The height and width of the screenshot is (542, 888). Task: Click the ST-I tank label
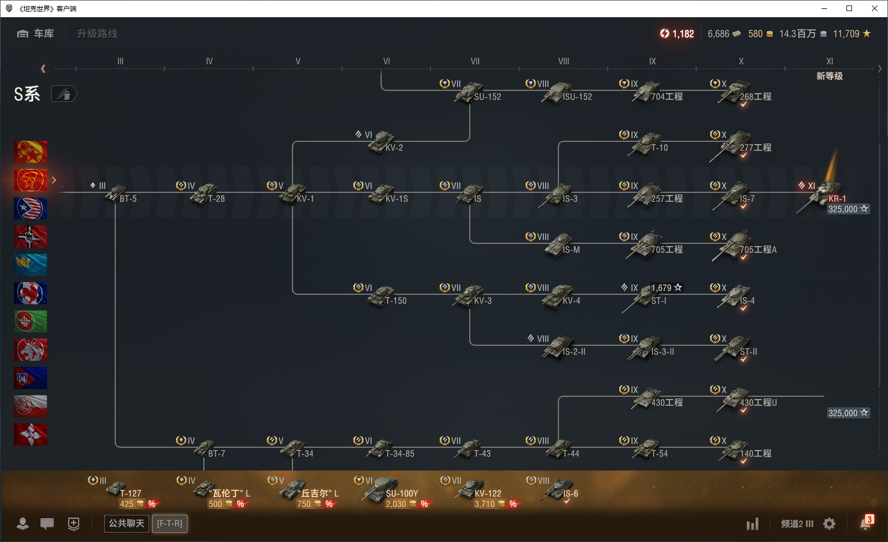pyautogui.click(x=659, y=300)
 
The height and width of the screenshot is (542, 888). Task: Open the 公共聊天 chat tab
pyautogui.click(x=126, y=523)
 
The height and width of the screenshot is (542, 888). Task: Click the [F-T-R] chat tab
pyautogui.click(x=170, y=523)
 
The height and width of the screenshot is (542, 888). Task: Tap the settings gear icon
pyautogui.click(x=829, y=524)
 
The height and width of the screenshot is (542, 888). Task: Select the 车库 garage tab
pyautogui.click(x=35, y=34)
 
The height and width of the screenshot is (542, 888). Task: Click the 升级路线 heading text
pyautogui.click(x=97, y=34)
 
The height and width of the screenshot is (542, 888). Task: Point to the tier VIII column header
pyautogui.click(x=563, y=61)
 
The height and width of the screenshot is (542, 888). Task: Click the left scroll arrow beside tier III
pyautogui.click(x=43, y=69)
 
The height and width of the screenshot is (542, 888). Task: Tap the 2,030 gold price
pyautogui.click(x=396, y=504)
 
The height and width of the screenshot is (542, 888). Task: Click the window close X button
pyautogui.click(x=874, y=8)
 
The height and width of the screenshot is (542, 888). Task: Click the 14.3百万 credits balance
pyautogui.click(x=797, y=34)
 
